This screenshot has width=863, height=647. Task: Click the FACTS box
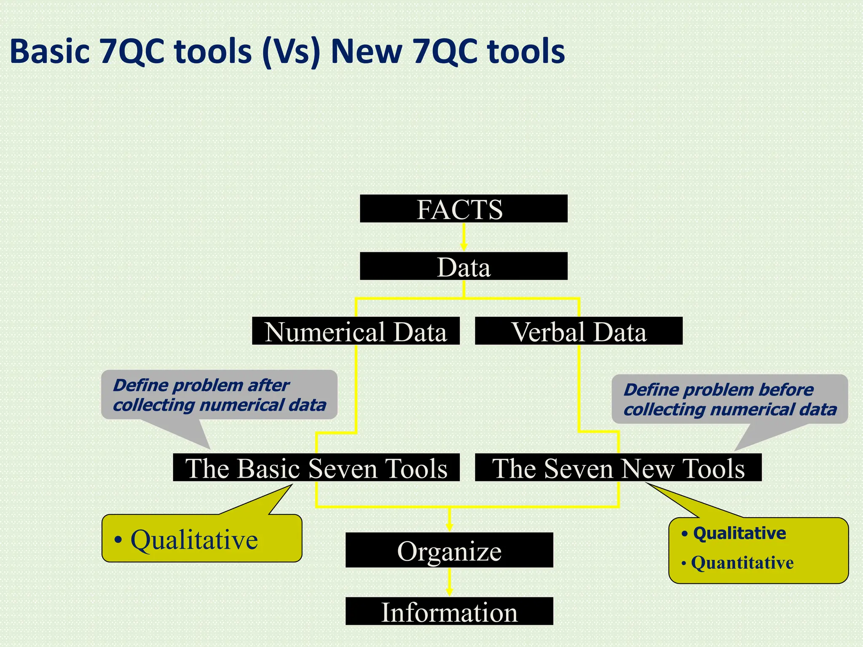pyautogui.click(x=464, y=209)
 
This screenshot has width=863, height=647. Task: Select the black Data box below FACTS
pyautogui.click(x=464, y=266)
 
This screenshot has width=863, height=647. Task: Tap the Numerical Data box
pyautogui.click(x=356, y=331)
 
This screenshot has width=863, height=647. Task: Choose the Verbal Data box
pyautogui.click(x=579, y=331)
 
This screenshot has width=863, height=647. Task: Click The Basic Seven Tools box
pyautogui.click(x=316, y=468)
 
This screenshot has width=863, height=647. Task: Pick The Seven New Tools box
pyautogui.click(x=618, y=468)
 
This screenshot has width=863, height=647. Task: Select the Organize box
pyautogui.click(x=449, y=550)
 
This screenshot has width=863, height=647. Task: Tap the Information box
pyautogui.click(x=449, y=611)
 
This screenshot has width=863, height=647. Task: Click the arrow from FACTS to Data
pyautogui.click(x=464, y=237)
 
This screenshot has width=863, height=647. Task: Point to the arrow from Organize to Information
pyautogui.click(x=449, y=582)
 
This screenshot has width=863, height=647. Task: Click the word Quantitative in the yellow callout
pyautogui.click(x=742, y=563)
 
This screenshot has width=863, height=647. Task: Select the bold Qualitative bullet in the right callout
pyautogui.click(x=740, y=533)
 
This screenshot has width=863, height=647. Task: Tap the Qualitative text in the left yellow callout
pyautogui.click(x=194, y=540)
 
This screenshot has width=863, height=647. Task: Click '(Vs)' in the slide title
pyautogui.click(x=291, y=52)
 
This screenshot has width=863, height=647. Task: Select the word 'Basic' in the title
pyautogui.click(x=50, y=52)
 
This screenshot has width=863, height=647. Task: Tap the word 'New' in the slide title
pyautogui.click(x=366, y=52)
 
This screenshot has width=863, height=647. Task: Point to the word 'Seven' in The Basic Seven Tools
pyautogui.click(x=343, y=468)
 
